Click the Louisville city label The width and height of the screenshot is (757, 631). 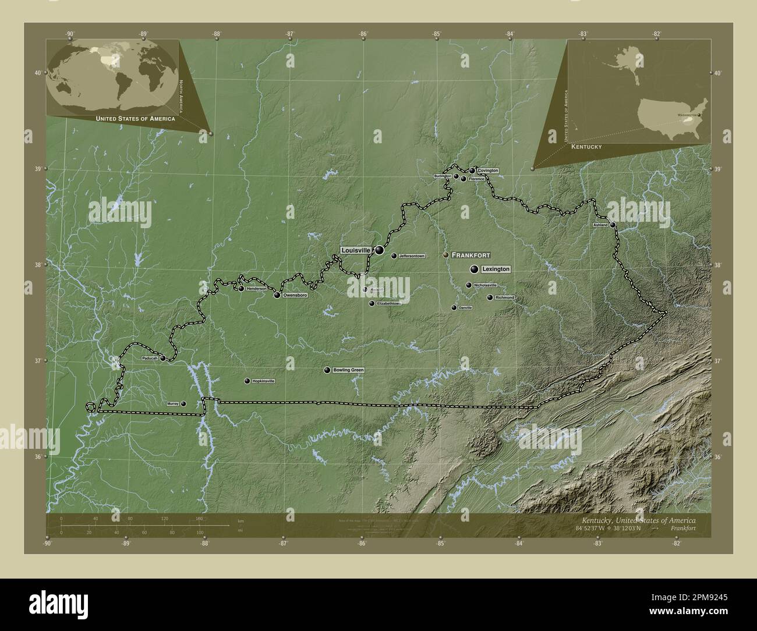point(356,250)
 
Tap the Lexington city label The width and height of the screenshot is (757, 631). point(496,269)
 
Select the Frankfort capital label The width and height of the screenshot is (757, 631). point(471,255)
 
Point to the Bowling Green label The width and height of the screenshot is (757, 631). point(348,370)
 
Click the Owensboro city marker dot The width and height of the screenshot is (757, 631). point(277,295)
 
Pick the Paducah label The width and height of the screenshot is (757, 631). point(150,359)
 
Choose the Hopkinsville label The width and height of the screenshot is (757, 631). point(263,381)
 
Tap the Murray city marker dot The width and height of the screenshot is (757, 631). point(183,403)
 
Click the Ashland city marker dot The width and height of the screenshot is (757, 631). point(613,225)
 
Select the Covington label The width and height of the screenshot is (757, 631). point(488,171)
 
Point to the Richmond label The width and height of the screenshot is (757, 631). point(505,297)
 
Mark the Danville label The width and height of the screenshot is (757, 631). point(465,307)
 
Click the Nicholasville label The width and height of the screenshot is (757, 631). point(485,285)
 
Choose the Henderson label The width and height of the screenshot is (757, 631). point(256,289)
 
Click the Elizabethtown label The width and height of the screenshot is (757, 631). point(390,303)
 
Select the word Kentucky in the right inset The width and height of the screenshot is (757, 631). point(586,147)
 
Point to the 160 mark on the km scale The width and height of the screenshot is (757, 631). point(199,518)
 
